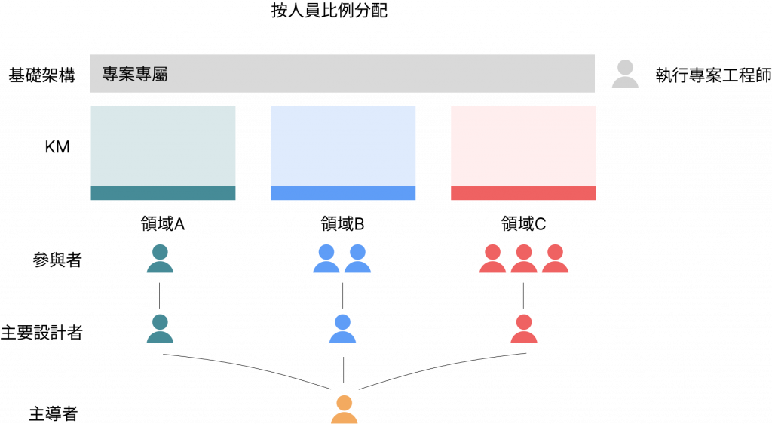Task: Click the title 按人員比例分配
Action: click(x=329, y=11)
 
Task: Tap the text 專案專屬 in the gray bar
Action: click(x=134, y=75)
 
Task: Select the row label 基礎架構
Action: click(x=41, y=75)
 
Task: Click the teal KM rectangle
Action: click(x=163, y=152)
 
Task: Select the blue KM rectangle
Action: click(x=343, y=152)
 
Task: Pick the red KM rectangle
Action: click(x=523, y=152)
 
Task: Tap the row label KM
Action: click(x=57, y=147)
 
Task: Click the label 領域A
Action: click(x=163, y=224)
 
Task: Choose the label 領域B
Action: click(x=343, y=224)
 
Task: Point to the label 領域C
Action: click(x=524, y=224)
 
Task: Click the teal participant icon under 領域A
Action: click(x=160, y=259)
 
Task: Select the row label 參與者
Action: click(x=58, y=260)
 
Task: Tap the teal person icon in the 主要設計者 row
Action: click(x=159, y=330)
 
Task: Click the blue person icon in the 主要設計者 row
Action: click(x=343, y=330)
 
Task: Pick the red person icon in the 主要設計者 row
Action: click(x=524, y=330)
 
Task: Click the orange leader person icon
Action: click(x=344, y=410)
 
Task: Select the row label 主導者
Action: click(x=53, y=414)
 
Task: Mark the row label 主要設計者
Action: click(x=41, y=333)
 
